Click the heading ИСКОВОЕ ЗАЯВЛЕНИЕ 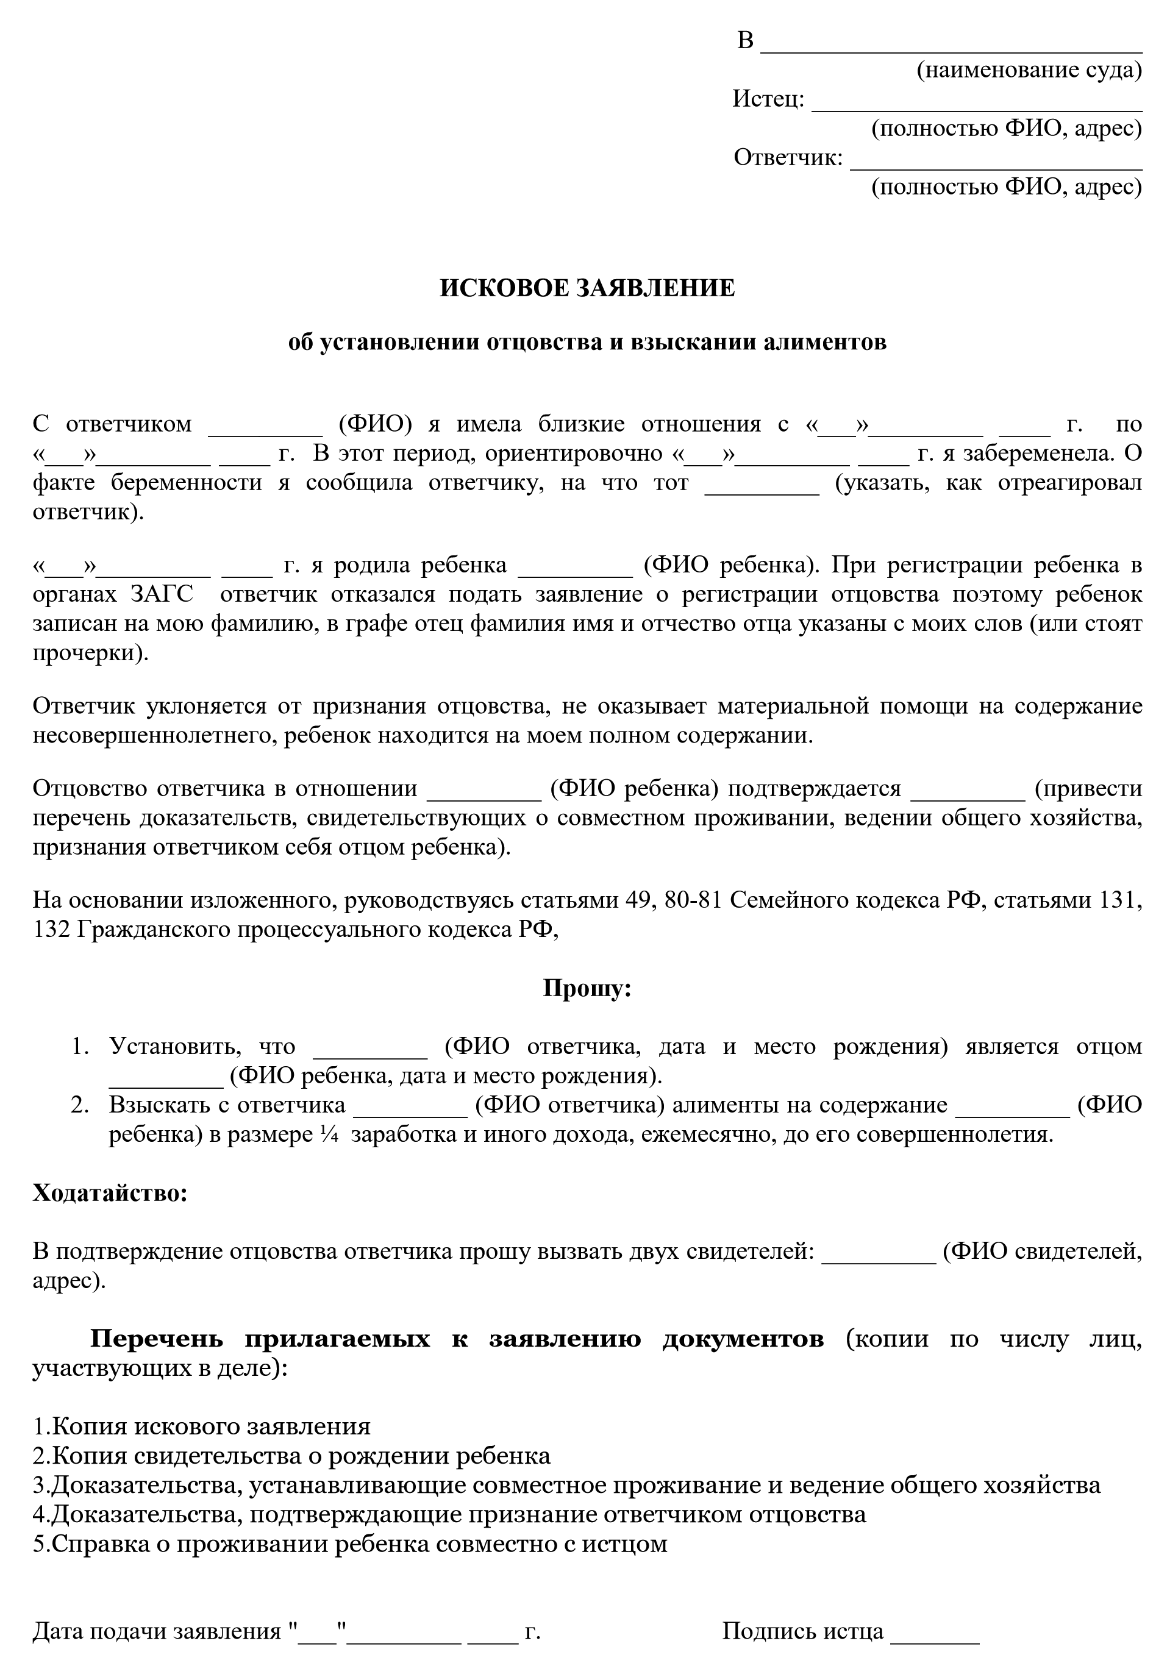[587, 288]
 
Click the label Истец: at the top [768, 99]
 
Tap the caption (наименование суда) [1029, 70]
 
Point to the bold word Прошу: [587, 988]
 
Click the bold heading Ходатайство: [110, 1193]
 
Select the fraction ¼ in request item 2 [328, 1134]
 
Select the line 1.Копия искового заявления [201, 1426]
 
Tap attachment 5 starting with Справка [350, 1543]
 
